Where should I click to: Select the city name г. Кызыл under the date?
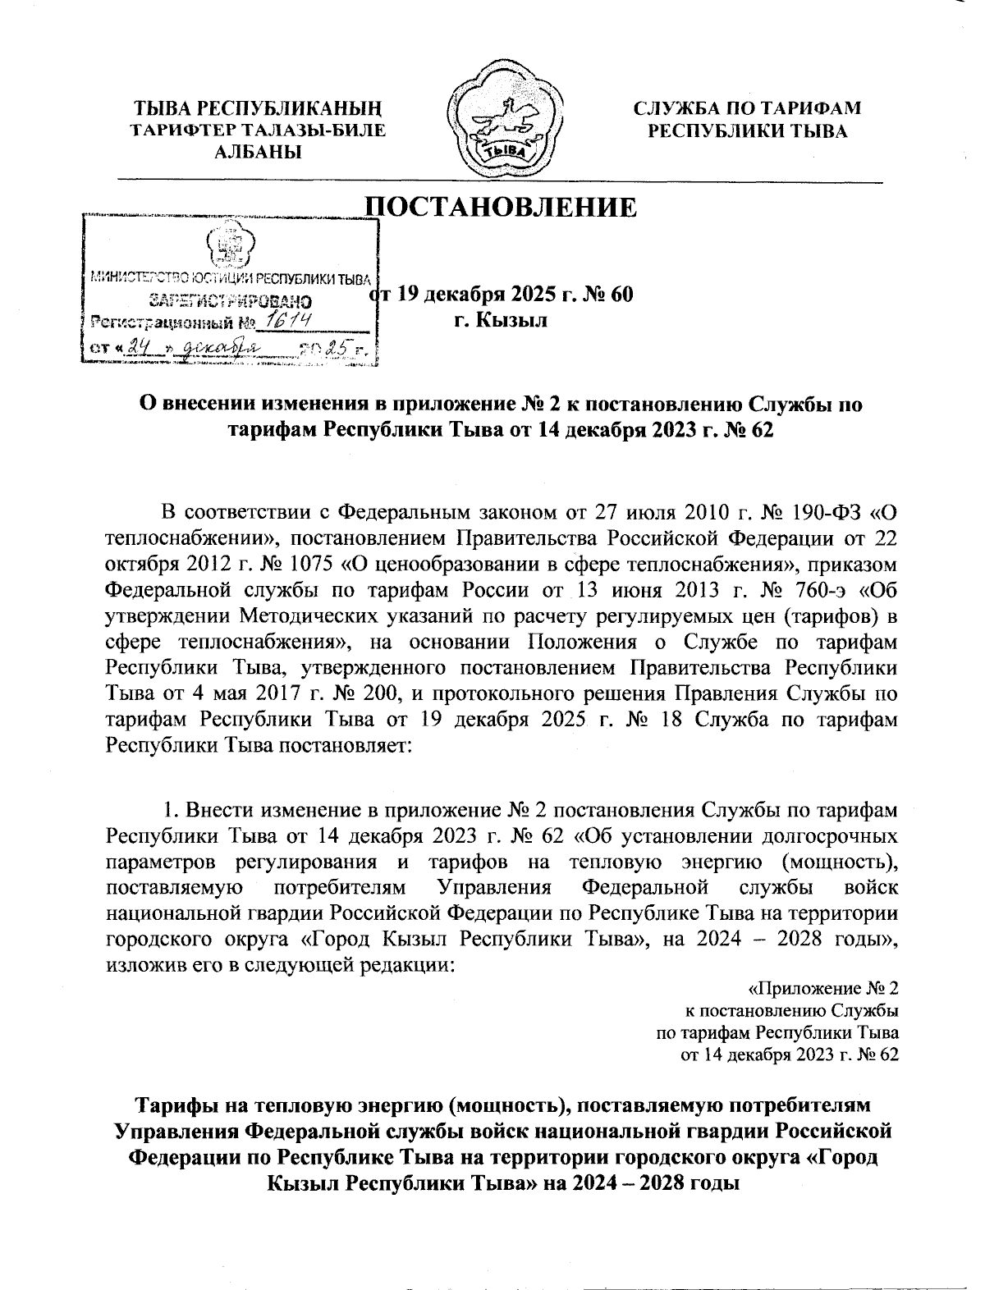click(x=501, y=320)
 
